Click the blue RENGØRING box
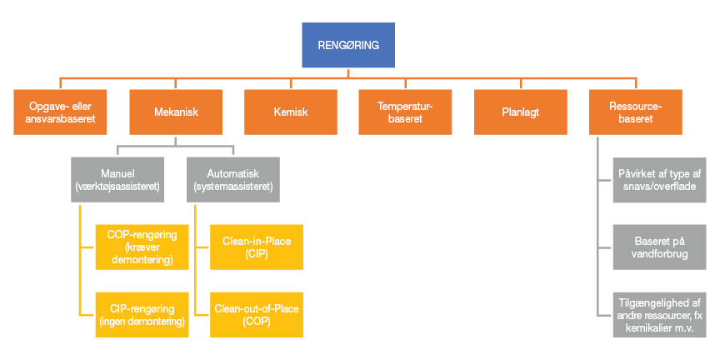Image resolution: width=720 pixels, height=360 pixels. tap(348, 46)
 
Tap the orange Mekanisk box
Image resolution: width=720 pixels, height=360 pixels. tap(176, 112)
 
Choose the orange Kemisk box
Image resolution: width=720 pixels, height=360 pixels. tap(290, 112)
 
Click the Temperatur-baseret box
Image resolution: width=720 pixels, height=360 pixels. tap(404, 112)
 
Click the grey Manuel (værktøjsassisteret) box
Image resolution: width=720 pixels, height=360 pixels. tap(116, 179)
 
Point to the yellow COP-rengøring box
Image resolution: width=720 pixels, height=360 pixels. tap(142, 247)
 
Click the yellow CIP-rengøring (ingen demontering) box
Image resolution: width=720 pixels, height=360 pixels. tap(142, 314)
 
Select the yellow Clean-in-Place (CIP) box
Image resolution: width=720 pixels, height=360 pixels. tap(256, 247)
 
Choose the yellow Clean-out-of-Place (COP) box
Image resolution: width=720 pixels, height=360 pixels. tap(256, 314)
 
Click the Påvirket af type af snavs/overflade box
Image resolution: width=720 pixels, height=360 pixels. tap(660, 179)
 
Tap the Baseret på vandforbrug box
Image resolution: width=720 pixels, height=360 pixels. tap(660, 247)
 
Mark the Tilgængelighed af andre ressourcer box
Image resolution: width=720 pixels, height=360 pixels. tap(660, 314)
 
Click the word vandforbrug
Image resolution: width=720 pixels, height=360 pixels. tap(660, 253)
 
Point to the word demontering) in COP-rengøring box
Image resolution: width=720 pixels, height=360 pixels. tap(142, 260)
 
